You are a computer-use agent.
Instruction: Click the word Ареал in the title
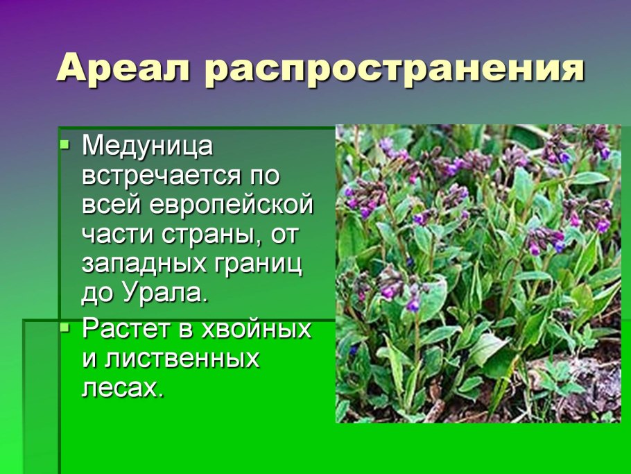[123, 69]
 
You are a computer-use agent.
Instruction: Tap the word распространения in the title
[395, 70]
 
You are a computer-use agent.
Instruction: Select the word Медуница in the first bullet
[148, 146]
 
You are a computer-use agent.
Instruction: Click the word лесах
[123, 388]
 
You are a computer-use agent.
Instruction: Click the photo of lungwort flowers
[478, 273]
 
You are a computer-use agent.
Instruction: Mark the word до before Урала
[96, 294]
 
